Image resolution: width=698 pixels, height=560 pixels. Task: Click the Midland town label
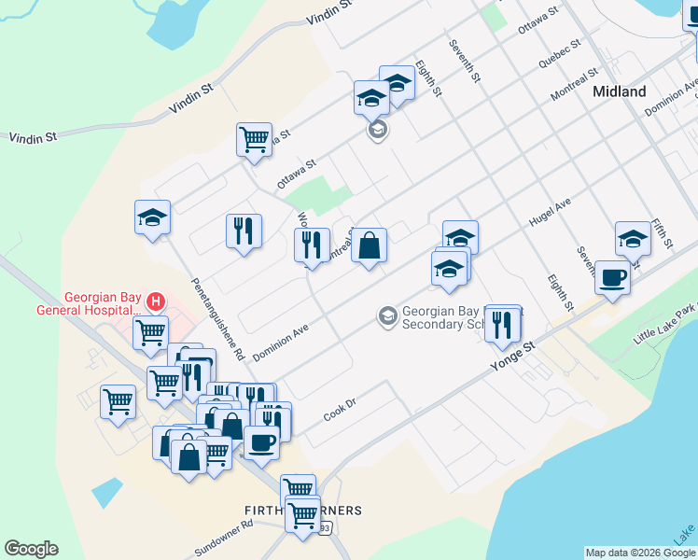[620, 91]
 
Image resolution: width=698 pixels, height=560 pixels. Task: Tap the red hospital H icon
[156, 302]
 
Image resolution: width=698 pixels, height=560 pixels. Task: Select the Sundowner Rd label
[225, 538]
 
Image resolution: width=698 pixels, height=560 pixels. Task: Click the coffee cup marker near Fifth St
[612, 278]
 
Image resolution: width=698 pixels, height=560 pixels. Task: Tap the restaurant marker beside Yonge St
[502, 323]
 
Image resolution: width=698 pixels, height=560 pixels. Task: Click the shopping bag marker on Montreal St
[370, 246]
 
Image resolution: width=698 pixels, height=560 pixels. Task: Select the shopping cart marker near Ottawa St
[254, 139]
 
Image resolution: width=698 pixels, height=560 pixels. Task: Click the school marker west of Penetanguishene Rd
[152, 217]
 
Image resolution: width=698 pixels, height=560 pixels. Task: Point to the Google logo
[31, 549]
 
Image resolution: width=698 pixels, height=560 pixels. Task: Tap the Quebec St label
[560, 54]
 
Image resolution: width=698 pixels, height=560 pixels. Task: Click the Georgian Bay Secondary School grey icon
[387, 317]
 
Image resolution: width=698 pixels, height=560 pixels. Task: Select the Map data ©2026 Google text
[640, 553]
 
